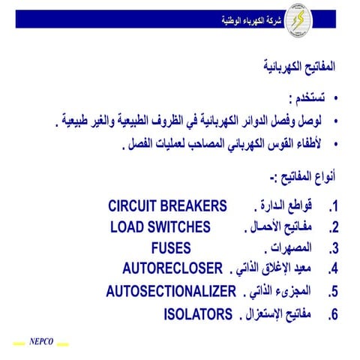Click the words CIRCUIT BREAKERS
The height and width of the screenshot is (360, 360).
[167, 206]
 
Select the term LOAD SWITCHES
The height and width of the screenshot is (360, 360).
[160, 227]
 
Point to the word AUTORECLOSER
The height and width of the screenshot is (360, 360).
[173, 269]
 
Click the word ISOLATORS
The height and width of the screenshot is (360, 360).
[198, 313]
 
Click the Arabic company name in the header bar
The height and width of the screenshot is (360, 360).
[247, 19]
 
